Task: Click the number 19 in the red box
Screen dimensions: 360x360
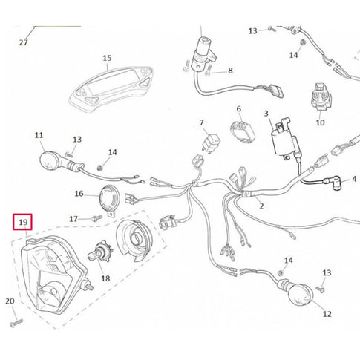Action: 23,222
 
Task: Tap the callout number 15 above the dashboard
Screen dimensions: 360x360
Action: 107,58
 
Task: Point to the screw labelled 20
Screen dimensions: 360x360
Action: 17,323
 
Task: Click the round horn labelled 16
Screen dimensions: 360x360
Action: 109,198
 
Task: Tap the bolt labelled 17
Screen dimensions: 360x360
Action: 96,218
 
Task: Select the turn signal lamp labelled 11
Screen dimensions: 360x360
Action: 62,162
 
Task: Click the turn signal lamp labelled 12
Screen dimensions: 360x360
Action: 295,292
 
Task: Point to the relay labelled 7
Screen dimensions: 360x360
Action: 211,143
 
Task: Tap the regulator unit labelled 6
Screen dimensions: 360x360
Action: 242,133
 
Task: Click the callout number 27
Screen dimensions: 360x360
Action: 24,42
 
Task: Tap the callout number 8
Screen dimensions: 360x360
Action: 230,71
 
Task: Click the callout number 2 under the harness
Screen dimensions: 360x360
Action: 261,206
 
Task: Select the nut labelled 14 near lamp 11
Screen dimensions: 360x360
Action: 99,168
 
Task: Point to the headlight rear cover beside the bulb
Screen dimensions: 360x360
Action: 134,240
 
